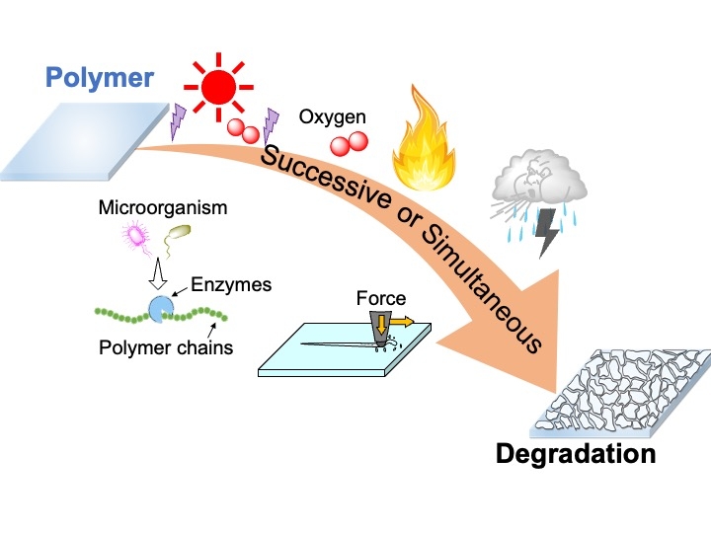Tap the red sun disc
(219, 88)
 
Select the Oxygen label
(332, 117)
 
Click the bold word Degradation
(576, 455)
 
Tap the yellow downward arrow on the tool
(381, 325)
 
